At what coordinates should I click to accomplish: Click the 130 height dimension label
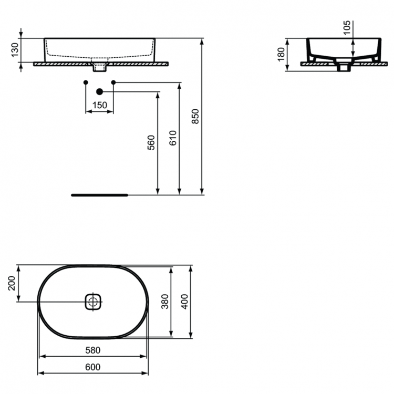tap(16, 50)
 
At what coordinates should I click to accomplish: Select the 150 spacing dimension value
tap(99, 106)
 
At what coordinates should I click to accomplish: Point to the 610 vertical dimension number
tap(173, 137)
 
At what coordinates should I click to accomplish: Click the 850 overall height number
tap(195, 116)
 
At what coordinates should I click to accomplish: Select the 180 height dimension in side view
tap(281, 53)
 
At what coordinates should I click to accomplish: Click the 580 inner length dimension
tap(93, 350)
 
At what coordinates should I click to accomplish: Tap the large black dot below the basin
tap(99, 92)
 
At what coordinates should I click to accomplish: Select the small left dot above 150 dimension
tap(86, 82)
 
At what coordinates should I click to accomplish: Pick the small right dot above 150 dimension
tap(113, 82)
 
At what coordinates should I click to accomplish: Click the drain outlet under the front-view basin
tap(99, 67)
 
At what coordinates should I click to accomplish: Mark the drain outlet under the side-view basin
tap(344, 67)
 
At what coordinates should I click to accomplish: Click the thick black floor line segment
tap(99, 194)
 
